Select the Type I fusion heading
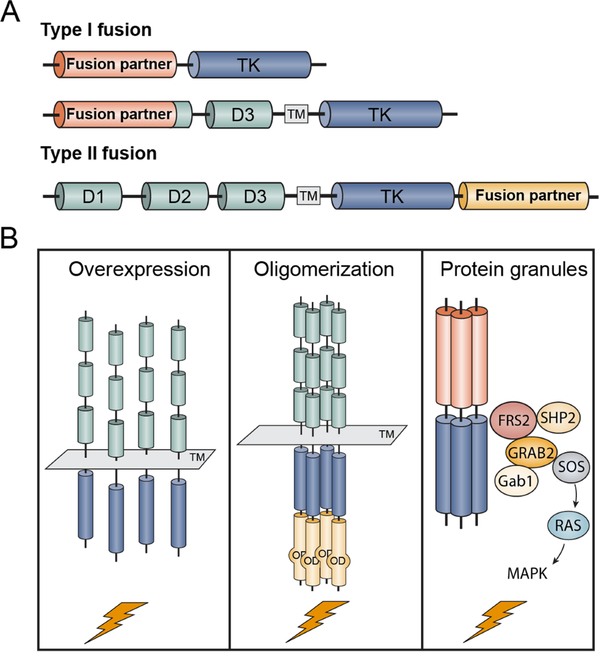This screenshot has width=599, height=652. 96,30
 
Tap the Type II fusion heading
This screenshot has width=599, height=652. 98,153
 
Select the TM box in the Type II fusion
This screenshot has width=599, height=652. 308,196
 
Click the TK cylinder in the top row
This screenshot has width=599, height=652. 250,64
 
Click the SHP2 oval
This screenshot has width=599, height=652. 558,417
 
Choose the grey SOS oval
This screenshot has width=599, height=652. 571,468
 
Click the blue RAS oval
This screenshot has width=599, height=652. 568,526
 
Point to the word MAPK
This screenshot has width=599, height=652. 527,573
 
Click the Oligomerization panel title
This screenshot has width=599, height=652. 323,269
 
